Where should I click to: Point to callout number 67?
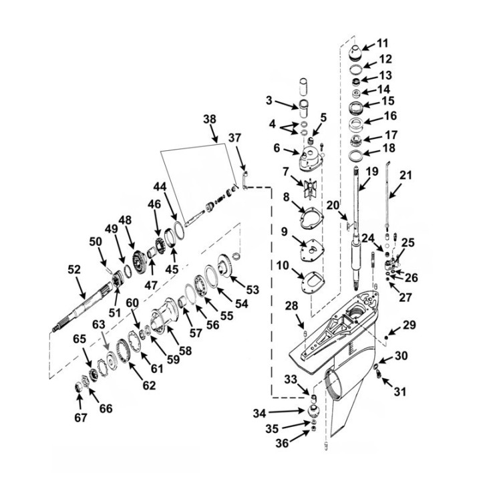click(x=80, y=418)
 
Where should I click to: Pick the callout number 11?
click(x=382, y=43)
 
